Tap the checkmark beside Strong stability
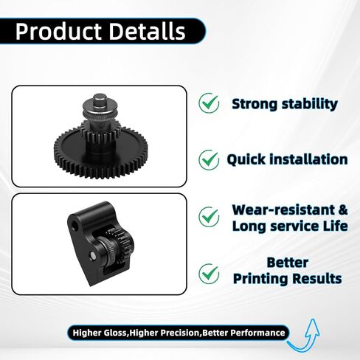tap(209, 103)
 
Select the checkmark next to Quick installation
tap(209, 159)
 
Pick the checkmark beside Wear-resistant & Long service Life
tap(209, 217)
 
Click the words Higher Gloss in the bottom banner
tap(100, 333)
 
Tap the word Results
tap(319, 278)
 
